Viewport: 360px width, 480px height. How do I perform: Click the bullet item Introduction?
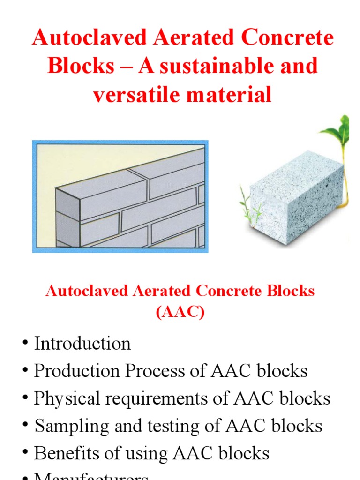tap(82, 344)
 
